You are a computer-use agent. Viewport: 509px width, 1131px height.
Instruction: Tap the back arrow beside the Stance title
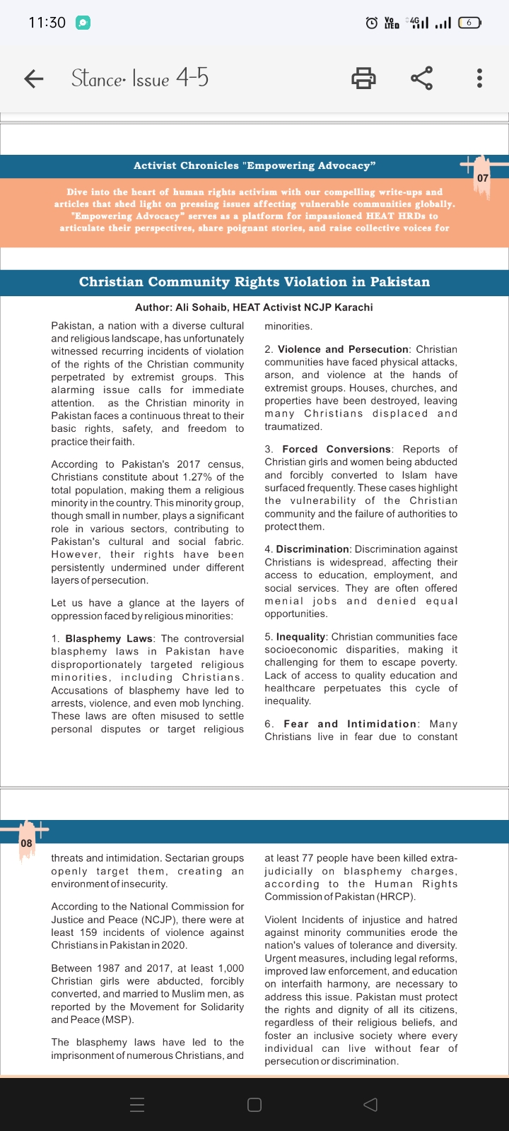pos(34,78)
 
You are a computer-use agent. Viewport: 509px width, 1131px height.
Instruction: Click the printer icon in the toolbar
pos(363,78)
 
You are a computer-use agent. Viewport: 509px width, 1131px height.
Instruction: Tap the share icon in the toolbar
pos(422,78)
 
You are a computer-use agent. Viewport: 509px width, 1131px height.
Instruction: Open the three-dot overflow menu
pos(480,78)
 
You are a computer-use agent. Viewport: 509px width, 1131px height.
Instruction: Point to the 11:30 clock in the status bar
pos(47,23)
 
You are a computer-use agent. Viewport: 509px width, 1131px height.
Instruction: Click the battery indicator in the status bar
pos(469,23)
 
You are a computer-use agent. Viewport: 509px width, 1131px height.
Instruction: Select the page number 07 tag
pos(483,177)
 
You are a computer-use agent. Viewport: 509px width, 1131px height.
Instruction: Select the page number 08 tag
pos(26,843)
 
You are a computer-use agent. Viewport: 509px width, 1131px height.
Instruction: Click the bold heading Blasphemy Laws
pos(109,638)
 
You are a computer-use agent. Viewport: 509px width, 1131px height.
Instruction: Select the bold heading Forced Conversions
pos(337,449)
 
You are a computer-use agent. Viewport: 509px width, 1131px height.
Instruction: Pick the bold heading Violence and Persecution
pos(343,349)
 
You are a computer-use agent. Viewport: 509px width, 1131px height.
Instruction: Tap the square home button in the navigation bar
pos(255,1104)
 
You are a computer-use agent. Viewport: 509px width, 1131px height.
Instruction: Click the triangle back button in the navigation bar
pos(370,1104)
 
